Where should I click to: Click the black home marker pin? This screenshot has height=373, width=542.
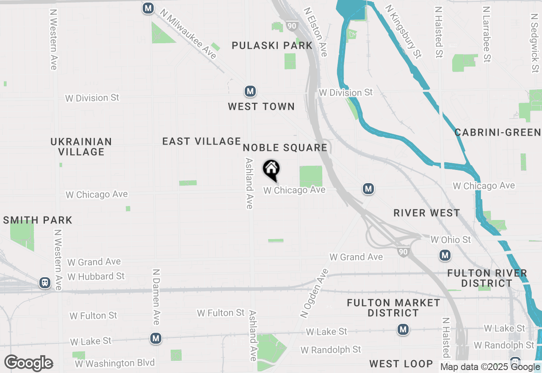[271, 170]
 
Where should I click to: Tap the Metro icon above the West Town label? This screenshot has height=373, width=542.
[250, 91]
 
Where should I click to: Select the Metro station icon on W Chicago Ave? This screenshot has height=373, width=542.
[368, 189]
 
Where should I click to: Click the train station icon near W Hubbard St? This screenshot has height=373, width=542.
[44, 283]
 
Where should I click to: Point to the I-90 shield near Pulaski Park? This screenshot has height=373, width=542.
[291, 26]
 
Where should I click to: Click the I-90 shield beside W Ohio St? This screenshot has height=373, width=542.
[403, 252]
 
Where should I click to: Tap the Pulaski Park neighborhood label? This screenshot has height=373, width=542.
[272, 45]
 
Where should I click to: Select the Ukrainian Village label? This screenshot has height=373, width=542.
[81, 147]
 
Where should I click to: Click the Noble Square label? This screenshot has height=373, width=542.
[285, 148]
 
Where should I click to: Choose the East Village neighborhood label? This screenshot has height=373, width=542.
[202, 141]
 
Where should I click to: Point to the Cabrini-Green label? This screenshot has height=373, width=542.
[498, 133]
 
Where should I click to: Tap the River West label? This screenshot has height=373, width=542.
[426, 213]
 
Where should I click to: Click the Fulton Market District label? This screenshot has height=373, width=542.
[393, 308]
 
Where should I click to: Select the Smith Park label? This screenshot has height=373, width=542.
[38, 220]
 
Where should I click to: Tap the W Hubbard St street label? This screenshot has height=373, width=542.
[96, 276]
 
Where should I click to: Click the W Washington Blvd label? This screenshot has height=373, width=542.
[115, 363]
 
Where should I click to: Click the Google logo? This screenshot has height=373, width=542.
[29, 363]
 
